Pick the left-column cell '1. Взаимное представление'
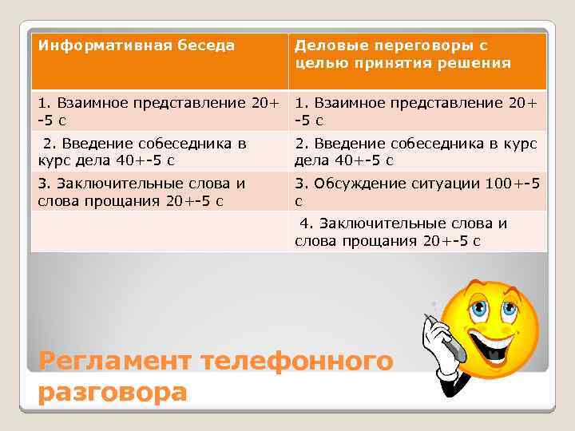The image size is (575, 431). (x=159, y=112)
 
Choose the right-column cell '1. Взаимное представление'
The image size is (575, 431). (x=416, y=112)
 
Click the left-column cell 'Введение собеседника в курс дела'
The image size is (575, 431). (x=159, y=152)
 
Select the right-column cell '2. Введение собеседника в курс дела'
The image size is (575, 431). (x=416, y=152)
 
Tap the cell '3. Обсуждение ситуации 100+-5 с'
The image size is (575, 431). (x=416, y=192)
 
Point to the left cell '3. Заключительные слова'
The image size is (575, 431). (x=159, y=192)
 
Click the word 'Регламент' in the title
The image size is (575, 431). (x=115, y=362)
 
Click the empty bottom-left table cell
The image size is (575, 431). (x=159, y=232)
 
